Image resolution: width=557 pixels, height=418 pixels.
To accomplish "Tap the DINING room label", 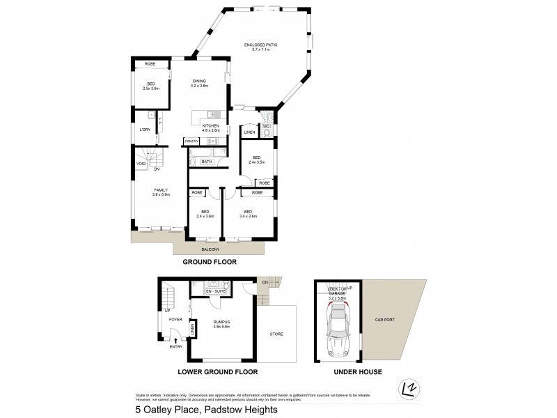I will pos(200,81).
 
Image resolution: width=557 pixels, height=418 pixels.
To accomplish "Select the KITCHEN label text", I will pos(210,126).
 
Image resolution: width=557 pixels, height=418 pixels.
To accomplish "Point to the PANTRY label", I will pos(191,141).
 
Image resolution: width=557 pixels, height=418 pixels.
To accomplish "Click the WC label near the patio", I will pos(267,126).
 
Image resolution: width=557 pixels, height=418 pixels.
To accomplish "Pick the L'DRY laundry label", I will pos(146,130).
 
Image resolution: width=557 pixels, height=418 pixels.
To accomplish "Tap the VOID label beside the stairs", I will pos(141,164).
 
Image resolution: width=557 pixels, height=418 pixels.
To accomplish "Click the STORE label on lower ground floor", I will pos(276,334).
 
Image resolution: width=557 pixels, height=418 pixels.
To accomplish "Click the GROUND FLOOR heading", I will pos(210,263).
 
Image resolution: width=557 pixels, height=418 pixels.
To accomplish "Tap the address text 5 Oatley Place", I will pos(207,410).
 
